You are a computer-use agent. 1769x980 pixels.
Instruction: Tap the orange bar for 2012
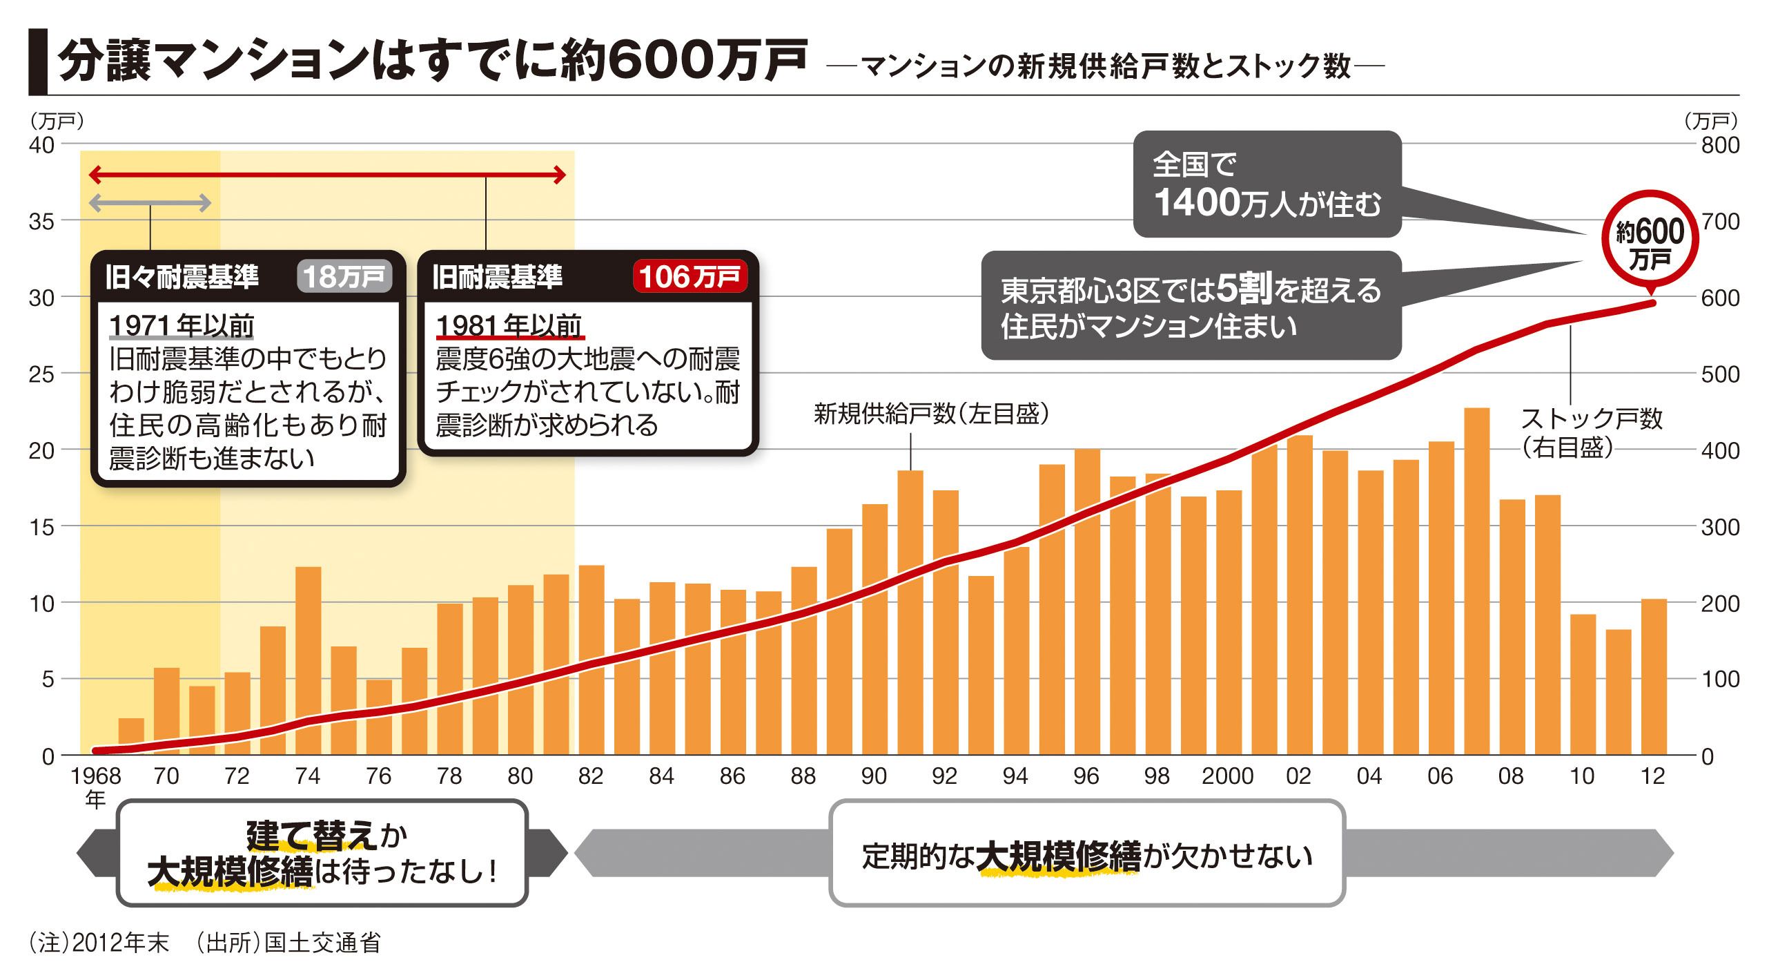pos(1654,677)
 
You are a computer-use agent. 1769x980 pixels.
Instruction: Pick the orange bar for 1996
pos(1087,601)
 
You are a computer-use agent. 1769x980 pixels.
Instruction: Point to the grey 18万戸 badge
pos(344,277)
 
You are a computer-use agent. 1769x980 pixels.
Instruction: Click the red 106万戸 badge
pos(690,277)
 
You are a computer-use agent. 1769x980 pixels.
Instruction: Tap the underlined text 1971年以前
pos(182,325)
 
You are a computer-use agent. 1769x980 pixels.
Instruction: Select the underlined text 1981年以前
pos(509,325)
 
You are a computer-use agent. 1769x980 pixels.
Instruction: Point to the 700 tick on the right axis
pos(1720,222)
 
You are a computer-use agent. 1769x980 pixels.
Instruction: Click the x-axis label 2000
pos(1227,776)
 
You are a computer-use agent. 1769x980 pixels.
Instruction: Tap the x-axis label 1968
pos(96,776)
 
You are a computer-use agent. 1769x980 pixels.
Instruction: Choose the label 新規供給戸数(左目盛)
pos(932,414)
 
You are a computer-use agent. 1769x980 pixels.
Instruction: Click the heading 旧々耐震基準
pos(182,277)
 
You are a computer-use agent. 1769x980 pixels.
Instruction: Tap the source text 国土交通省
pos(322,943)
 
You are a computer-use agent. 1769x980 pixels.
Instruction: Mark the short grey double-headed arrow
pos(150,203)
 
